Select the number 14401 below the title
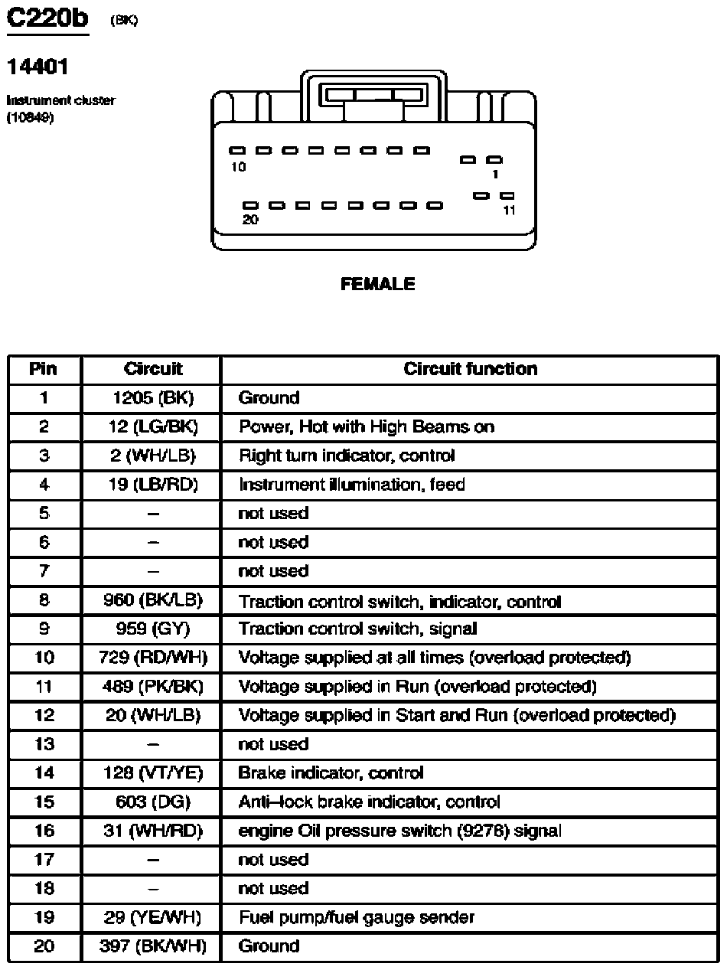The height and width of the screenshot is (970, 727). pyautogui.click(x=37, y=67)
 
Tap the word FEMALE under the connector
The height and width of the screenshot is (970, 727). pyautogui.click(x=377, y=285)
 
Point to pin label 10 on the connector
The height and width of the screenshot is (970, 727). pyautogui.click(x=239, y=168)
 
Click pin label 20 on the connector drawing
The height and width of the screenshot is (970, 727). pyautogui.click(x=250, y=220)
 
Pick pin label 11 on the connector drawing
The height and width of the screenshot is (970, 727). pyautogui.click(x=509, y=211)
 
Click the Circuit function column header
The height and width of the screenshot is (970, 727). pyautogui.click(x=470, y=369)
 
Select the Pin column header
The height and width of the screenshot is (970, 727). pyautogui.click(x=44, y=369)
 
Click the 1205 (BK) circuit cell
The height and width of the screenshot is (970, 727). pyautogui.click(x=152, y=398)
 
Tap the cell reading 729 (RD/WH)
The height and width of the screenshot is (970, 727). pyautogui.click(x=152, y=658)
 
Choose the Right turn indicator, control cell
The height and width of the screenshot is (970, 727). pyautogui.click(x=347, y=456)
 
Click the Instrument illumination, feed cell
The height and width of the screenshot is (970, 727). pyautogui.click(x=351, y=485)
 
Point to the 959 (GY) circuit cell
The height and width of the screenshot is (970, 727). pyautogui.click(x=152, y=629)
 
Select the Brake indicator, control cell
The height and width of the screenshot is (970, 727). pyautogui.click(x=331, y=773)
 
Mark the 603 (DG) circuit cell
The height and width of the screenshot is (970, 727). pyautogui.click(x=152, y=802)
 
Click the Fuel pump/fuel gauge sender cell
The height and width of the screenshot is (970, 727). pyautogui.click(x=357, y=917)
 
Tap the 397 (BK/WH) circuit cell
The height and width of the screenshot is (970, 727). pyautogui.click(x=152, y=946)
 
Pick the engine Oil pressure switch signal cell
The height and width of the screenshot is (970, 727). pyautogui.click(x=399, y=831)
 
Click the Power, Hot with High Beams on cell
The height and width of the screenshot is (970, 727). pyautogui.click(x=367, y=427)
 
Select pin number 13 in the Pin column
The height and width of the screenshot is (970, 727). pyautogui.click(x=44, y=744)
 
